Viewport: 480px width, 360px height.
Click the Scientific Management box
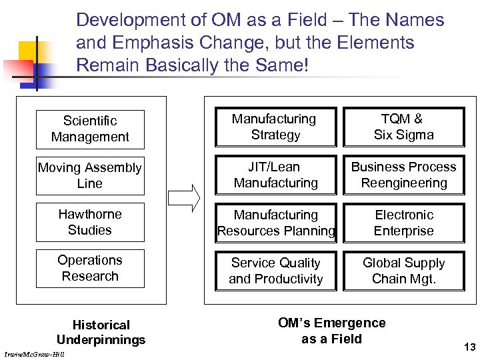[x=90, y=129]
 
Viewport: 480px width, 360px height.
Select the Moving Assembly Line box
[x=90, y=175]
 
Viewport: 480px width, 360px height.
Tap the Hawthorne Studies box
[x=90, y=222]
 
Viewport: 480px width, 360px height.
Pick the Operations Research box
[x=90, y=268]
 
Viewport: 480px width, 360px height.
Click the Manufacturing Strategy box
[x=275, y=127]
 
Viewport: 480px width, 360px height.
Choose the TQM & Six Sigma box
[x=404, y=127]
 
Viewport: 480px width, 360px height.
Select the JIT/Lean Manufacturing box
[x=275, y=175]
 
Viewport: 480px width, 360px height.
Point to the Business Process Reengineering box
[x=404, y=175]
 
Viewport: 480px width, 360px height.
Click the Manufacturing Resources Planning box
[x=275, y=223]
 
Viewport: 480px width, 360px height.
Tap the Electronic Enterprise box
[x=404, y=223]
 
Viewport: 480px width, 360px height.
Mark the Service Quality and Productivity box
[x=275, y=271]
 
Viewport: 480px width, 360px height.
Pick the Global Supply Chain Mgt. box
[x=404, y=271]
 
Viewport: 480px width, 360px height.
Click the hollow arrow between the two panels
[x=184, y=198]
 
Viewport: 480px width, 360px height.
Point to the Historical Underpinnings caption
[x=101, y=332]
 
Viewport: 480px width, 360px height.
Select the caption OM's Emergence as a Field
[x=331, y=331]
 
